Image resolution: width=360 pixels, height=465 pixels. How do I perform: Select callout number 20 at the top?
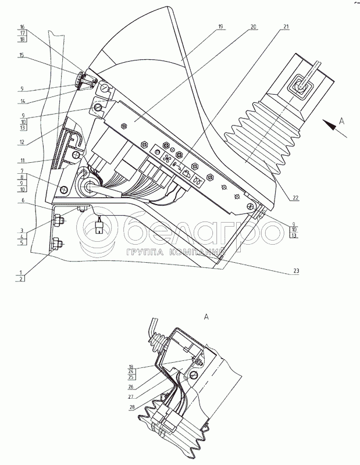tap(253, 27)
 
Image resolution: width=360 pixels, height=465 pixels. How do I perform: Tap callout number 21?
tap(286, 27)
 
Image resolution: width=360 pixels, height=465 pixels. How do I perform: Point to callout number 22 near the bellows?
tap(295, 198)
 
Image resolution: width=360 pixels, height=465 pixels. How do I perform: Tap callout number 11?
tap(22, 160)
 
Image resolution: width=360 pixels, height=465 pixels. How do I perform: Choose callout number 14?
tap(22, 101)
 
